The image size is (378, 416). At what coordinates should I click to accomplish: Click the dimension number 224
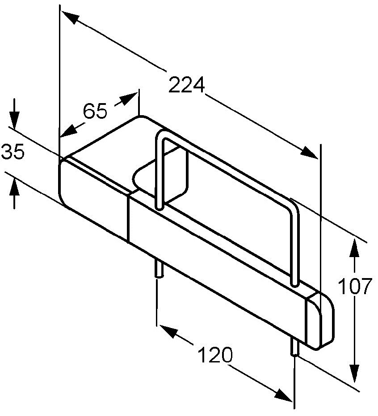(187, 85)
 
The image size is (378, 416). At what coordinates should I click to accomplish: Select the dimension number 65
(95, 111)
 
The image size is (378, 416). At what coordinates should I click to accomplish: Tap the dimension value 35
(13, 151)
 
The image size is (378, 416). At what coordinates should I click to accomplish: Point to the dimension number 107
(355, 286)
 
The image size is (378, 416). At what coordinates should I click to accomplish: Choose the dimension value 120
(215, 354)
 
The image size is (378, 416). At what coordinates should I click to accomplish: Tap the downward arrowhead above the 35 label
(14, 120)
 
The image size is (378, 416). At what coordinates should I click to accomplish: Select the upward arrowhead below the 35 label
(14, 187)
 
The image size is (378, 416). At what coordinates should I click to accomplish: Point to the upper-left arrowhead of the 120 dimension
(168, 331)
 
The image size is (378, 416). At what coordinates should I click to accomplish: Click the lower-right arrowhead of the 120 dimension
(284, 395)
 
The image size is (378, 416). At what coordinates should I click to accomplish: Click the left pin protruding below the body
(159, 269)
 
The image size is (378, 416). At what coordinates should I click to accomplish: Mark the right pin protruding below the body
(295, 346)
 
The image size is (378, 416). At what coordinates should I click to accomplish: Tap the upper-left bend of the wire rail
(161, 135)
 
